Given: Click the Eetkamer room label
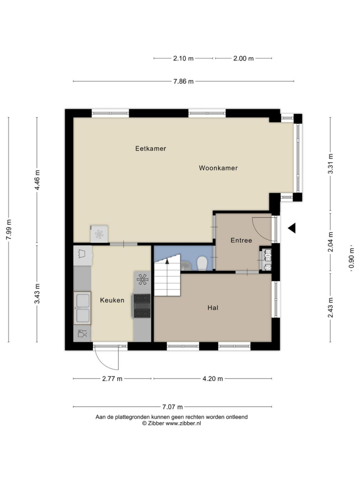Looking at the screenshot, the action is pos(151,149).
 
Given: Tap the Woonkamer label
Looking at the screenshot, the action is pos(218,168).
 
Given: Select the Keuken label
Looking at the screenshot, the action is pos(112,300).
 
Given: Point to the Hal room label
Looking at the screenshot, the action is pos(213,308).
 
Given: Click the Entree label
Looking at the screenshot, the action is pos(241,240).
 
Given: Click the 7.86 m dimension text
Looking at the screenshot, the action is pos(183,82).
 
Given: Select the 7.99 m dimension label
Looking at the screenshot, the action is pos(9,230).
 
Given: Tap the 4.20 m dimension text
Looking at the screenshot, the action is pos(213,379).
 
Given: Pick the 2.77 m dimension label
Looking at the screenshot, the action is pos(112,379).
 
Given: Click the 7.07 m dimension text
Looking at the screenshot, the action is pos(173,407).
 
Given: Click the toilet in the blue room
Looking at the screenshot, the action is pos(202,263).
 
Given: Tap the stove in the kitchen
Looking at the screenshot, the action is pos(142,306).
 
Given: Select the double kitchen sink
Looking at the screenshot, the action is pos(82,308).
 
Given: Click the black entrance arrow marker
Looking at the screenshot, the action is pos(291,228).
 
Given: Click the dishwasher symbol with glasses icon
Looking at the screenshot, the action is pos(82,334).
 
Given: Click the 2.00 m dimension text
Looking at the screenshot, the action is pos(243,58).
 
